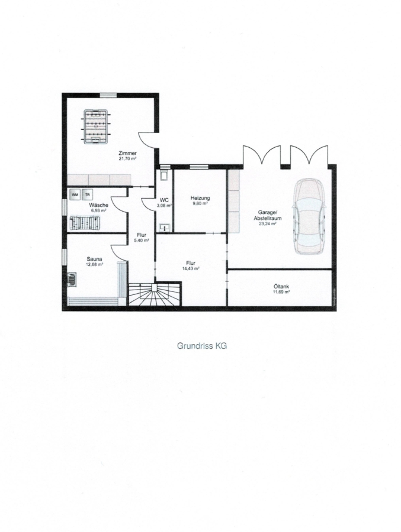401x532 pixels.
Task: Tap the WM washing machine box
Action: click(75, 194)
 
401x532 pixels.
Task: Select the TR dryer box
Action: click(88, 194)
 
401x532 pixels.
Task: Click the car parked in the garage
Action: click(309, 216)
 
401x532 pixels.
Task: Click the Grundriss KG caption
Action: click(202, 346)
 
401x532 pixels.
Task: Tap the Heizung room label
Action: click(200, 198)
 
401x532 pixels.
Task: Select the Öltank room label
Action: click(281, 286)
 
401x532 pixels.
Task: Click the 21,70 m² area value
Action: click(127, 158)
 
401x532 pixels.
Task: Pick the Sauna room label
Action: click(95, 259)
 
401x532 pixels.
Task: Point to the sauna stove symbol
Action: click(71, 280)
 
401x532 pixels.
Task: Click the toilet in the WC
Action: click(165, 174)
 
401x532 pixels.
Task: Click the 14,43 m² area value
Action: click(191, 268)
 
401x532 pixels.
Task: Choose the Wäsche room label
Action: click(99, 205)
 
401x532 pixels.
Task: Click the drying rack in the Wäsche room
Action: click(85, 223)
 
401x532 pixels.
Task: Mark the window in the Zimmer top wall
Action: click(108, 95)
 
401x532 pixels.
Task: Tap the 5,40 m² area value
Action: click(142, 240)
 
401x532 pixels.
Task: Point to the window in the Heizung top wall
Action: click(198, 167)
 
